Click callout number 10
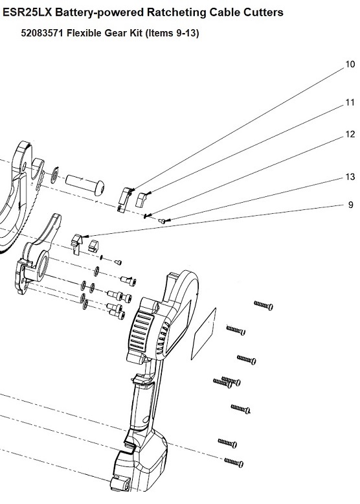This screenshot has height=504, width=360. coord(350,64)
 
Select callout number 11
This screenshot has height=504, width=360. coord(350,102)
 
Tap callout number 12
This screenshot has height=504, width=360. coord(350,134)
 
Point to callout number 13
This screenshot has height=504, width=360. coord(350,177)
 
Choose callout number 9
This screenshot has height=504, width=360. coord(351,205)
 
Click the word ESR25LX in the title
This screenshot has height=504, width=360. coord(28,12)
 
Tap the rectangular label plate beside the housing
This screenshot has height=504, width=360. coord(203,334)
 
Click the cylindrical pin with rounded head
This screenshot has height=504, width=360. coord(85,184)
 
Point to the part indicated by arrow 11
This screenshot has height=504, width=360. coord(141,200)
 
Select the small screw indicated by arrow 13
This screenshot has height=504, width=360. coord(162,221)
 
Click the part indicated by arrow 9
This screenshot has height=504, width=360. coord(76,244)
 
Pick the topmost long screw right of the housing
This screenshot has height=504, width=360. coord(264,305)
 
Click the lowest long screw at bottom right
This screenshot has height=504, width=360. coord(234,463)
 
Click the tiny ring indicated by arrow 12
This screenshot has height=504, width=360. coord(146,216)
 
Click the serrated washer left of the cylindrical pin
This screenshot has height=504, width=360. coord(54,176)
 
